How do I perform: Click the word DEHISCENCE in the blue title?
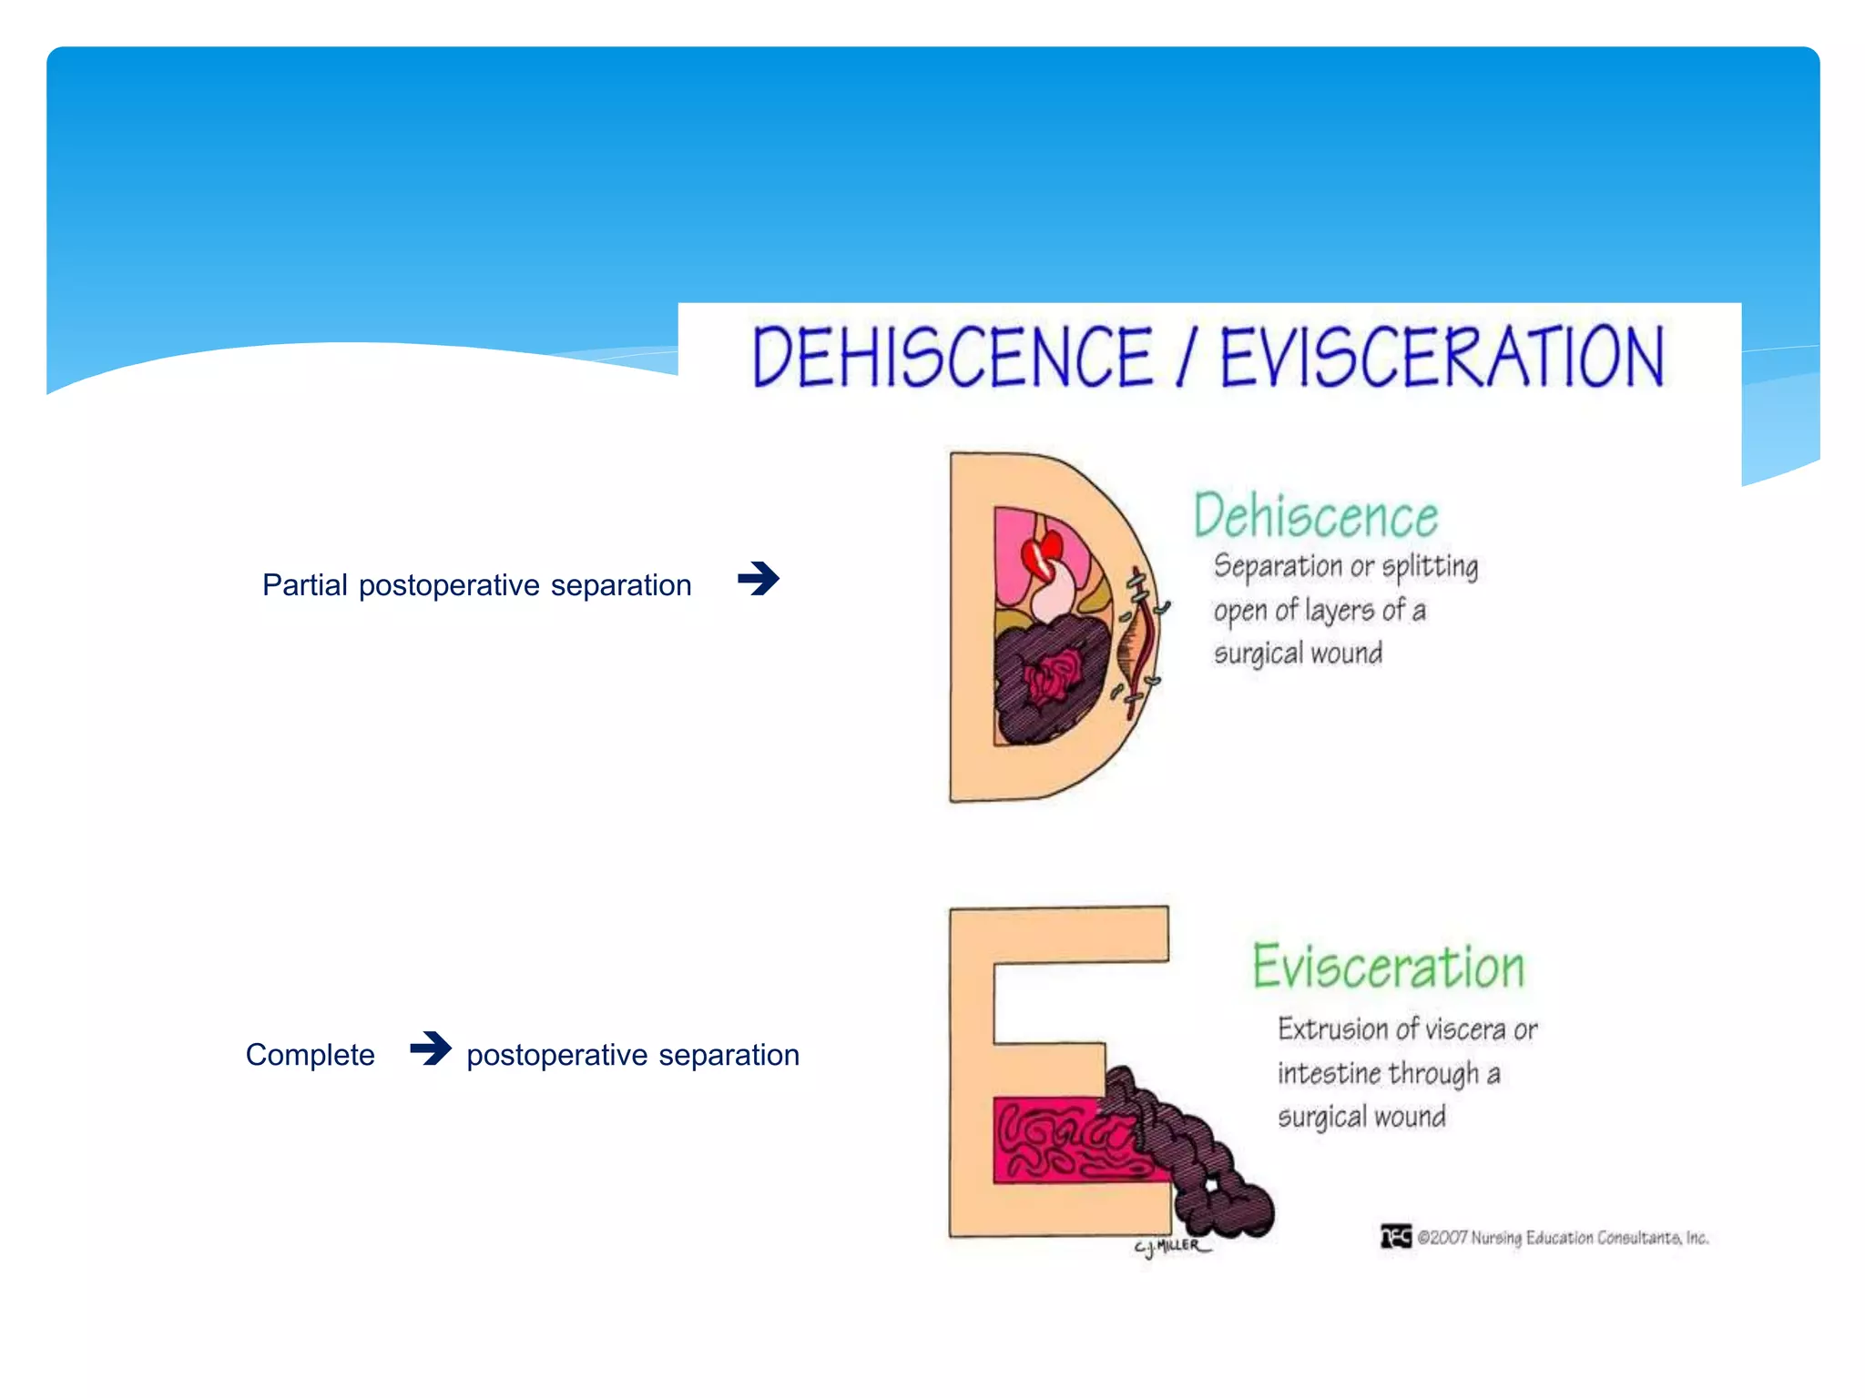[952, 357]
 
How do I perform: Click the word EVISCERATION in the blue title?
[1442, 357]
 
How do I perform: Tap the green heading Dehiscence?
[1316, 516]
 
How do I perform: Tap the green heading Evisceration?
[1388, 967]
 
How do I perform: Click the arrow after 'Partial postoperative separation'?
[759, 579]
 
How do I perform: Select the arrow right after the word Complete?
[430, 1048]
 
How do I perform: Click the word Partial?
[305, 585]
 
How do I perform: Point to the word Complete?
[310, 1055]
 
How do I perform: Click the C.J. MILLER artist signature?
[1171, 1246]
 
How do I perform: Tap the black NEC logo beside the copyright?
[1395, 1237]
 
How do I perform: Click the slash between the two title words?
[1186, 357]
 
